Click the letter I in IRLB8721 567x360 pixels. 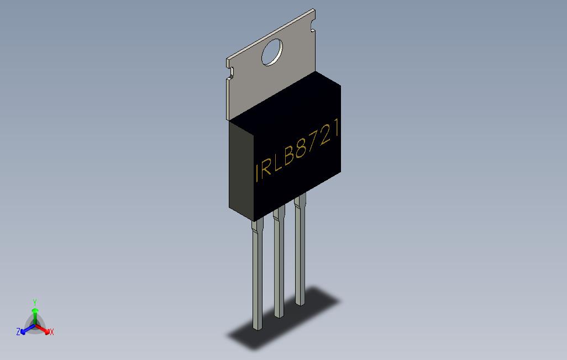pyautogui.click(x=257, y=172)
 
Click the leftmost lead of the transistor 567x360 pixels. pyautogui.click(x=257, y=276)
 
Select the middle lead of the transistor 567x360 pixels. pyautogui.click(x=279, y=265)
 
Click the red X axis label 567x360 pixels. pyautogui.click(x=51, y=332)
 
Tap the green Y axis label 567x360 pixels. pyautogui.click(x=35, y=303)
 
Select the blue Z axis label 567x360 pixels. pyautogui.click(x=18, y=332)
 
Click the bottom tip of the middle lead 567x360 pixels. pyautogui.click(x=279, y=315)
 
